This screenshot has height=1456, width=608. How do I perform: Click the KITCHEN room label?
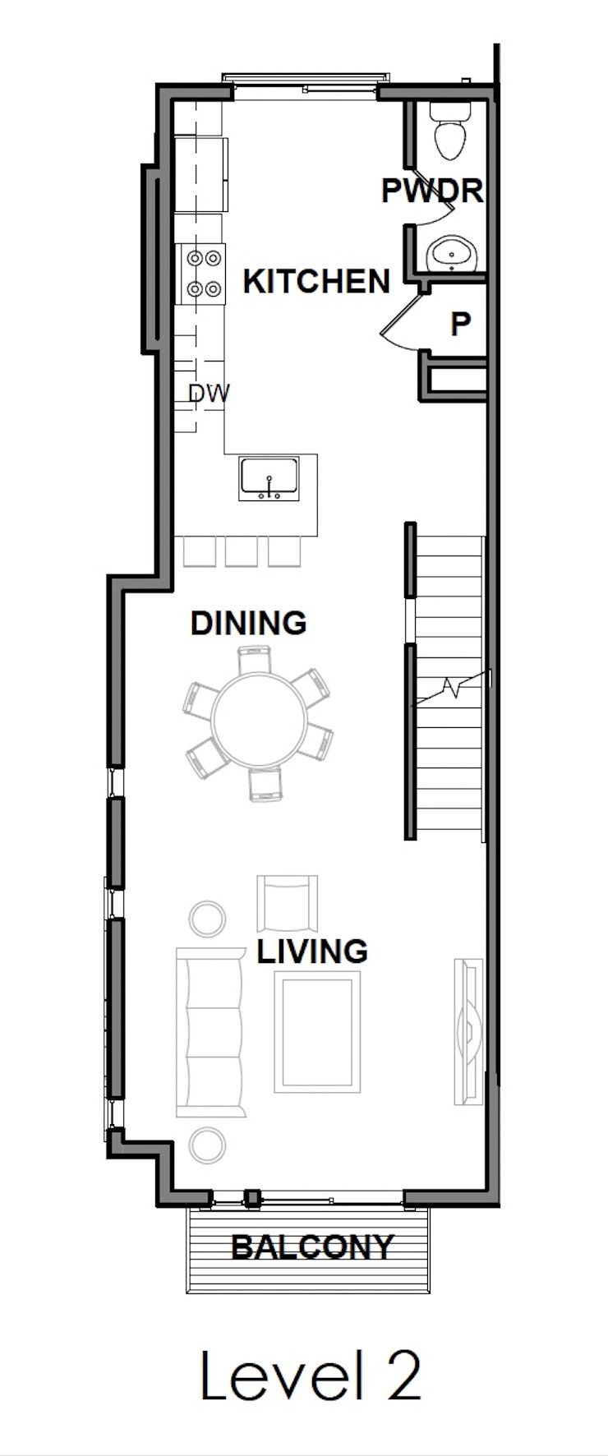316,282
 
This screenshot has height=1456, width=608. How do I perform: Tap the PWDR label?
432,191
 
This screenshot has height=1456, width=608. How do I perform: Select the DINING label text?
248,623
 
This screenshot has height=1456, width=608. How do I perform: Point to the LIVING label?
312,951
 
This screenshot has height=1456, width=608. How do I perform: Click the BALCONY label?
312,1247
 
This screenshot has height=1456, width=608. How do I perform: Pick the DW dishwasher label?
209,394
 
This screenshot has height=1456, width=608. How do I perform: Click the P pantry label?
460,324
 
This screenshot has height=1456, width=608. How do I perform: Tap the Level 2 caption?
311,1377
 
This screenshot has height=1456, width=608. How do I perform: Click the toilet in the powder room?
450,136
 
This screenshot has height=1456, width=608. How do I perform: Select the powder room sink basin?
453,254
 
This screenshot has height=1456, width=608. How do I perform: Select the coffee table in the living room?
317,1031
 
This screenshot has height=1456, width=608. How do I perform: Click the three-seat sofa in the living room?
210,1032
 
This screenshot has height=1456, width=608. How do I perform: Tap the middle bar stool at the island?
242,551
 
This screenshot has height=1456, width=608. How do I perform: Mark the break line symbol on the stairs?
450,686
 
